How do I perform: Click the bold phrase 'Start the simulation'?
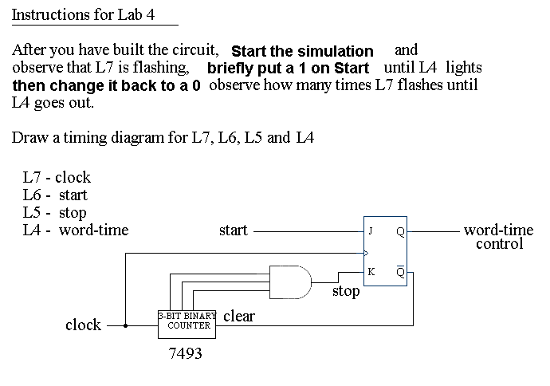tap(302, 52)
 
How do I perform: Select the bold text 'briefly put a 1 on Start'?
tap(288, 69)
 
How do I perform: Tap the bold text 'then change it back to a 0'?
tap(106, 86)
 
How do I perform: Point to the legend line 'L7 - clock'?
tap(57, 178)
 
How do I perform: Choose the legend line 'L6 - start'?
tap(55, 195)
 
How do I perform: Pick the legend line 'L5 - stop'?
tap(54, 213)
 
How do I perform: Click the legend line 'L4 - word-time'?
tap(76, 230)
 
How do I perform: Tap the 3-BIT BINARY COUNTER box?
tap(187, 321)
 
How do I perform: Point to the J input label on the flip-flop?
tap(370, 231)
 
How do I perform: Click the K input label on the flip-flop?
tap(371, 272)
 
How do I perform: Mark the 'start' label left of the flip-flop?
tap(233, 231)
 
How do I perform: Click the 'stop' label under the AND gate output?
tap(346, 291)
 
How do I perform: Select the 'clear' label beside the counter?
tap(239, 317)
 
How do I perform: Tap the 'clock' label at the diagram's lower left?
tap(83, 325)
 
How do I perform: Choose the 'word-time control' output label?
tap(499, 237)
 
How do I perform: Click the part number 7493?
tap(186, 353)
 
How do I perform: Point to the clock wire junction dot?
tap(125, 325)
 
